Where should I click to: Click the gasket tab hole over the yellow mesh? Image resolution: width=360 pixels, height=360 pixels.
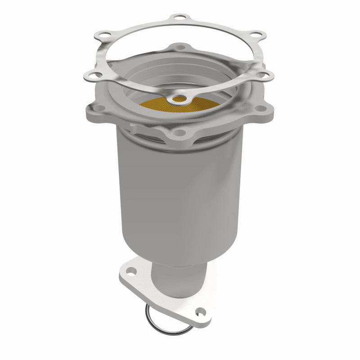click(180, 98)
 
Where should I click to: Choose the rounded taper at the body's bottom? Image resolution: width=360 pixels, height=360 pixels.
click(180, 252)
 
